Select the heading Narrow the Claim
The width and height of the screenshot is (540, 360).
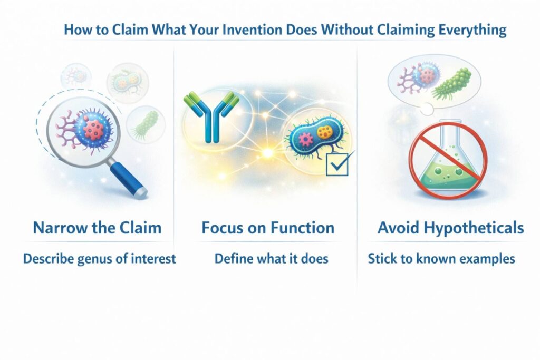tap(97, 228)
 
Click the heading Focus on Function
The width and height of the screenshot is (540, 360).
tap(268, 228)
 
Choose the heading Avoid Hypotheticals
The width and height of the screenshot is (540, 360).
tap(450, 228)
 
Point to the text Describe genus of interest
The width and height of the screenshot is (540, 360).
tap(99, 259)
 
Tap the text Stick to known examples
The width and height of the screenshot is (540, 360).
tap(441, 259)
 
